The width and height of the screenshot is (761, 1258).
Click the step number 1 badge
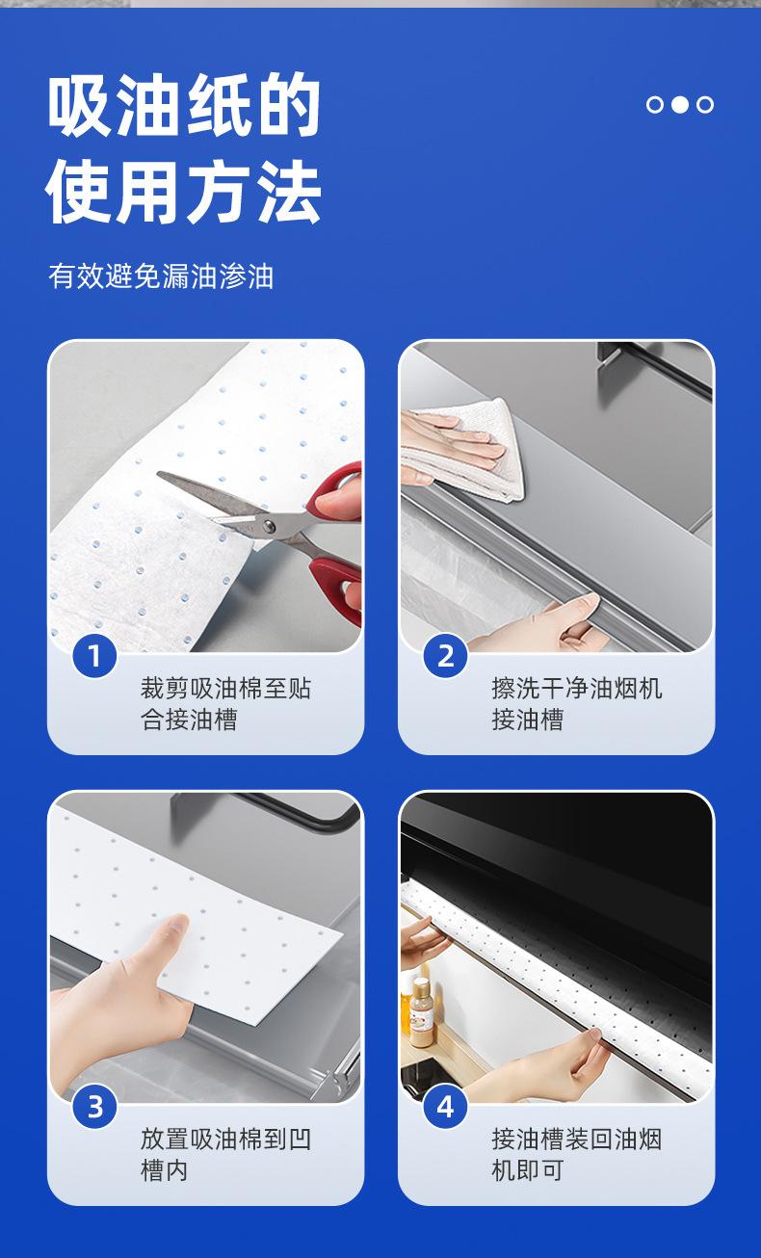point(94,656)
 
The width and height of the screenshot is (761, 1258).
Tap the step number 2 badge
point(445,656)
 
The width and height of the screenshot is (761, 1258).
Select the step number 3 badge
point(94,1107)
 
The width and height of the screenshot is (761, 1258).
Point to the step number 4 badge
point(445,1107)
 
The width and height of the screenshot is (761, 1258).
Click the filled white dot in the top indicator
point(680,104)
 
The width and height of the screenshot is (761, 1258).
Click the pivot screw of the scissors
point(270,526)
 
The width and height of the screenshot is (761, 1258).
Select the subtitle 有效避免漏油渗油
point(161,276)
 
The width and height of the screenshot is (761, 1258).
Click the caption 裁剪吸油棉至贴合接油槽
point(225,704)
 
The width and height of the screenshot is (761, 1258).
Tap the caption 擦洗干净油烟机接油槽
point(577,704)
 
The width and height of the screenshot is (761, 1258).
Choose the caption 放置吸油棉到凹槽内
point(225,1155)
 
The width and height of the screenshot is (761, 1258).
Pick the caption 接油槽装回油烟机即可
point(577,1155)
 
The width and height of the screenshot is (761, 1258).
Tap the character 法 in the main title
point(288,191)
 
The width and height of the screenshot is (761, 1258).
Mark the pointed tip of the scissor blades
point(159,475)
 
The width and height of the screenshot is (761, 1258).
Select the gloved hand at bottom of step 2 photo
point(539,624)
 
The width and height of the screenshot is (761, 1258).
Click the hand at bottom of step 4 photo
point(539,1066)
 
